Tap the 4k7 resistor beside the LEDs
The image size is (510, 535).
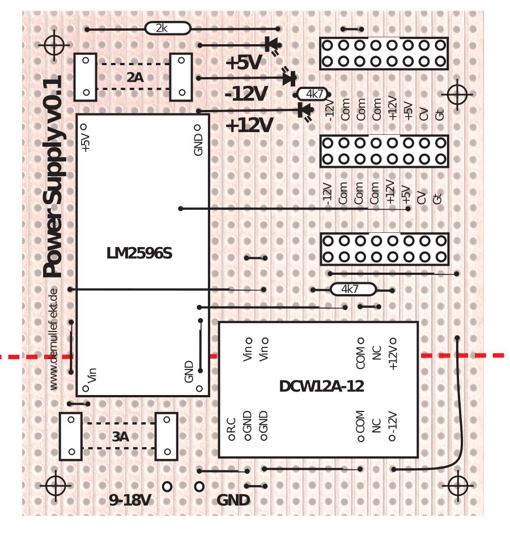(x=312, y=94)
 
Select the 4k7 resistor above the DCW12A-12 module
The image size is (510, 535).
(x=352, y=290)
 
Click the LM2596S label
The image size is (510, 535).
(x=139, y=253)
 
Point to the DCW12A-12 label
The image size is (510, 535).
(x=321, y=387)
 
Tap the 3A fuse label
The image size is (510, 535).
(x=120, y=437)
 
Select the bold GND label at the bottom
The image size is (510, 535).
(x=233, y=500)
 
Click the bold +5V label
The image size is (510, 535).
(x=243, y=63)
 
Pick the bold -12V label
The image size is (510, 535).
(x=246, y=94)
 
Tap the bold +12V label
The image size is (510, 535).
(x=249, y=125)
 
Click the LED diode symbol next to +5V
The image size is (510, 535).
(x=271, y=44)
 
